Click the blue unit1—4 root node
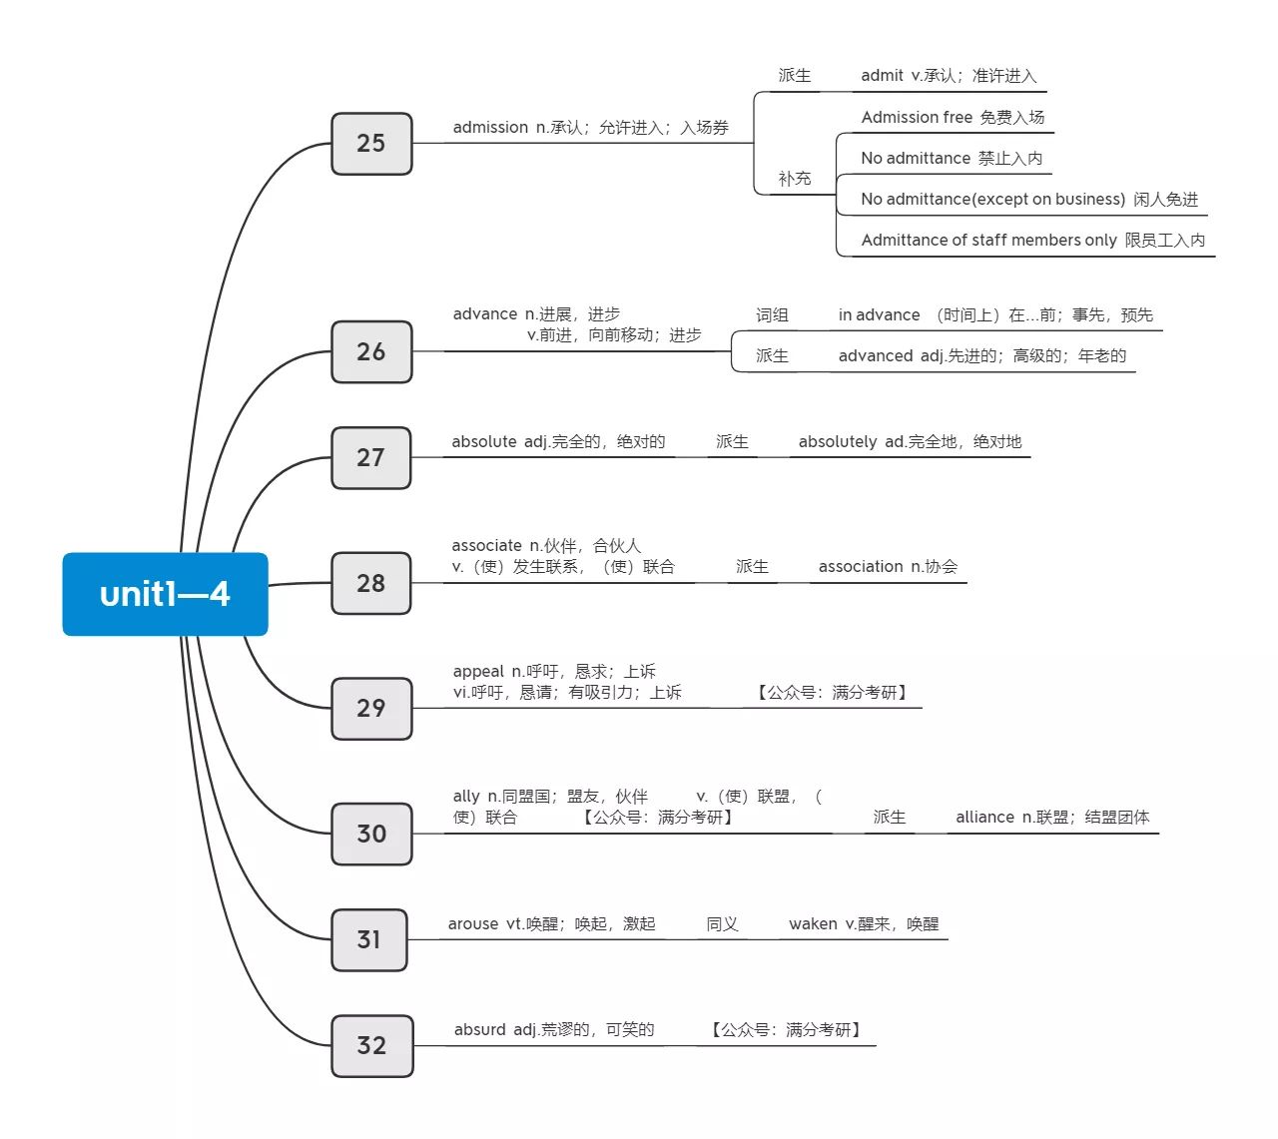pos(165,594)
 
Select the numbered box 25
pos(371,143)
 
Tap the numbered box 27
pos(370,458)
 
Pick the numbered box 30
pos(371,834)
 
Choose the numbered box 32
pos(372,1045)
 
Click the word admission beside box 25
pos(490,128)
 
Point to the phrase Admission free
pos(917,118)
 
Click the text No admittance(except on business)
pos(992,200)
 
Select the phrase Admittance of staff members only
pos(988,241)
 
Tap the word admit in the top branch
pos(882,76)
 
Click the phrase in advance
pos(879,315)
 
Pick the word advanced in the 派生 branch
pos(876,356)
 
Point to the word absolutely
pos(837,442)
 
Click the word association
pos(861,567)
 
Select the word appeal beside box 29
pos(478,672)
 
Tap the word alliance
pos(984,818)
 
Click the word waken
pos(813,924)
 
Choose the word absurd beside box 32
pos(479,1030)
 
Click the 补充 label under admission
pos(794,179)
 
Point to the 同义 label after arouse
pos(722,924)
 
